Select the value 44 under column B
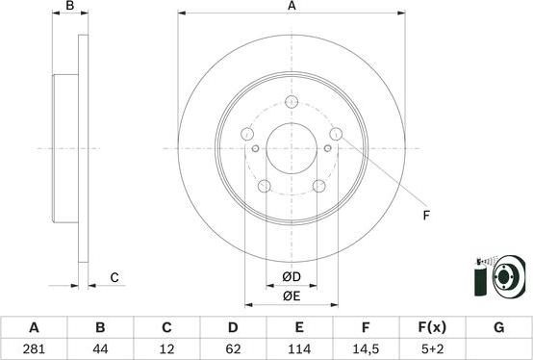(x=100, y=350)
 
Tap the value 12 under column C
(x=166, y=350)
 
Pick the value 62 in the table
(x=233, y=350)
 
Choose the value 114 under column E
(x=299, y=350)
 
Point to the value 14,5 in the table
(x=366, y=350)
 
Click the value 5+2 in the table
(x=432, y=350)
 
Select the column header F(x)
(x=432, y=327)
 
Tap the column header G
(x=498, y=327)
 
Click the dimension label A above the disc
(x=292, y=7)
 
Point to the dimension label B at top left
(x=69, y=7)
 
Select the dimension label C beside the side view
(x=114, y=278)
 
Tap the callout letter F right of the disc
(x=426, y=215)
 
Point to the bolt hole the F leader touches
(x=337, y=134)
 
